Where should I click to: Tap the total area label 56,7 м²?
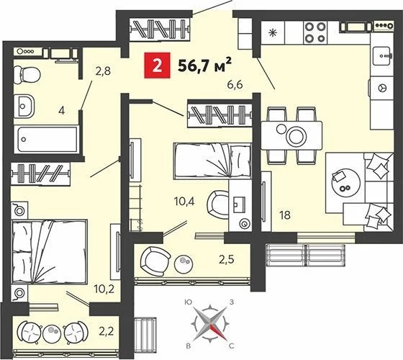coord(194,67)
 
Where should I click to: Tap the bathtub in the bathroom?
coord(43,136)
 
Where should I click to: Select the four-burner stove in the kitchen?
coord(314,32)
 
